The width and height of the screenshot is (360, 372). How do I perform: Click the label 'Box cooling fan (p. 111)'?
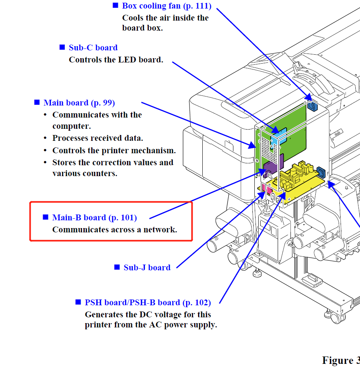167,6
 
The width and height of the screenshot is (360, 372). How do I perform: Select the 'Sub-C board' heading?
93,48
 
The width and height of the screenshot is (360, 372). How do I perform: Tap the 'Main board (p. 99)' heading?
79,103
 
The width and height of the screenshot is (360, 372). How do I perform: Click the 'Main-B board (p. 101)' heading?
94,218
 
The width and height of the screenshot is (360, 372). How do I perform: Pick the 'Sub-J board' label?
147,268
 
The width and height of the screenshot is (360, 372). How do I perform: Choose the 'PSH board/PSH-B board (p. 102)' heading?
148,303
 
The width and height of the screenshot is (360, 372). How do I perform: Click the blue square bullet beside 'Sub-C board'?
62,47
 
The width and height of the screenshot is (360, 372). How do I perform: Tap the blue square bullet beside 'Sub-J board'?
117,267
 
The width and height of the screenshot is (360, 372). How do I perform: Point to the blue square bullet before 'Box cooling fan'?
115,5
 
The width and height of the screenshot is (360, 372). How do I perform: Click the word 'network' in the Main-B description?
159,230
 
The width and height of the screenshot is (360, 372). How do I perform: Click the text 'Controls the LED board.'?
116,60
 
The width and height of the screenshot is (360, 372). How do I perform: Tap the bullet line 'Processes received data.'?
98,138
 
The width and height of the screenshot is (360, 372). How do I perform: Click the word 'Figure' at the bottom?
337,360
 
